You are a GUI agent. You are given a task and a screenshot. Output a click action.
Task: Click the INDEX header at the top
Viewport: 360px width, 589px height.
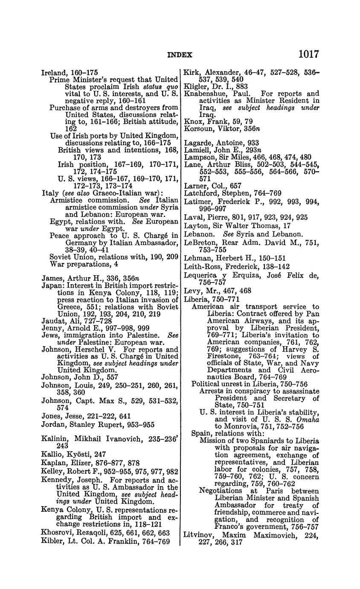click(180, 55)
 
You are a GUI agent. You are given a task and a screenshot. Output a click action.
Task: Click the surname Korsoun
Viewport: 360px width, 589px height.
click(198, 129)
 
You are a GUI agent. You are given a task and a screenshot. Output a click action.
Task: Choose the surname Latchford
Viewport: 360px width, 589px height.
click(201, 193)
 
